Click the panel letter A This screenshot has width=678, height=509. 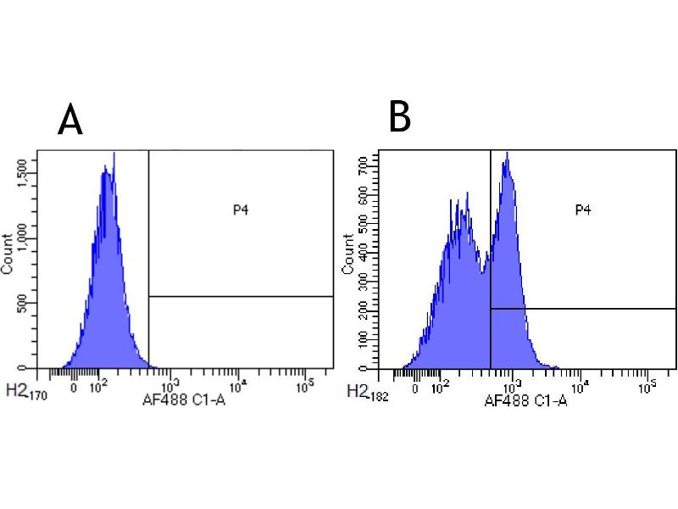70,120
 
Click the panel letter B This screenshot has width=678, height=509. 399,117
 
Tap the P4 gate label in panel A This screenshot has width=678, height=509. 241,208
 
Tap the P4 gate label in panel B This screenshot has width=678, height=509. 582,210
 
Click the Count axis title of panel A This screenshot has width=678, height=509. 8,255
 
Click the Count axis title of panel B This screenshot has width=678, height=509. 347,255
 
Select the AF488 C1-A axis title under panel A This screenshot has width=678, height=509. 184,395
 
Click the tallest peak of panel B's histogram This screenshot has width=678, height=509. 507,154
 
